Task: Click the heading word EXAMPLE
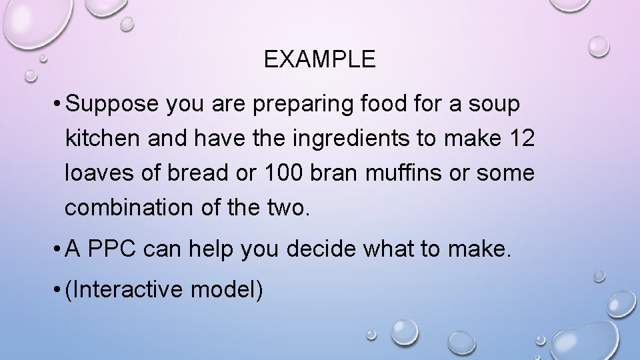pos(319,60)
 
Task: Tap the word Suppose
pos(111,105)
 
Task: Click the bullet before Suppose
pos(59,105)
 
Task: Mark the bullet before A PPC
pos(59,250)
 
